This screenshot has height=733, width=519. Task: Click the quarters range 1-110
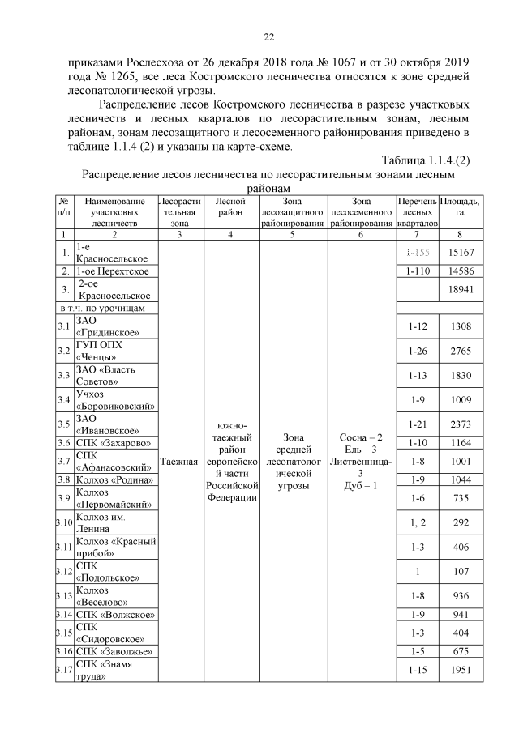point(418,270)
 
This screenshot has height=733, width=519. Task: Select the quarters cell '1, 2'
point(418,523)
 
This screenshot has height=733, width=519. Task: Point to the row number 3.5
point(64,424)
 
